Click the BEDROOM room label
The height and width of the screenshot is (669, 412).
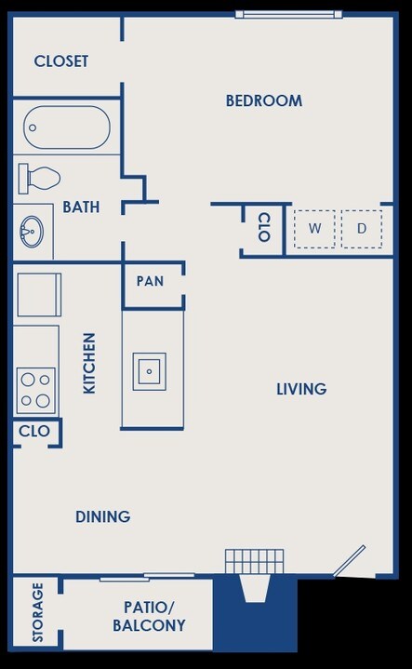click(264, 100)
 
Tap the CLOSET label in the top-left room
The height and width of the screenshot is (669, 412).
click(61, 61)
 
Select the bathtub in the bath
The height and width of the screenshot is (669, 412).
click(67, 127)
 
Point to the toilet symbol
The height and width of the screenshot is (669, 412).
click(40, 177)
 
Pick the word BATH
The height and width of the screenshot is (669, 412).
click(81, 207)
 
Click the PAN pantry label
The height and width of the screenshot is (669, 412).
click(150, 280)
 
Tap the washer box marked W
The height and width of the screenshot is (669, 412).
click(315, 228)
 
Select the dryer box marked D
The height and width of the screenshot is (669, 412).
click(362, 228)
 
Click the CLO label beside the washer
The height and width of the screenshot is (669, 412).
click(263, 228)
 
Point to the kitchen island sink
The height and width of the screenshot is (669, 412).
click(149, 371)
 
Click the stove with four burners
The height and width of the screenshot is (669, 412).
click(36, 391)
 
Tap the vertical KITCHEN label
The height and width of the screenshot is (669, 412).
click(90, 363)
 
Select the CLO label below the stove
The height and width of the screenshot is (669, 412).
click(34, 432)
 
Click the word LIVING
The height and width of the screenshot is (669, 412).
click(301, 389)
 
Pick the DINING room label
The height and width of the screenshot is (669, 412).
click(102, 516)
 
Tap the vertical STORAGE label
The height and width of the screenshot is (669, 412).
click(38, 612)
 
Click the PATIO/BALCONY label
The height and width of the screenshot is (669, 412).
click(149, 616)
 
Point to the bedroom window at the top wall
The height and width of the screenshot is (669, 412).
click(288, 14)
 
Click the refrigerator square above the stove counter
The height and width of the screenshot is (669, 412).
click(38, 295)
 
